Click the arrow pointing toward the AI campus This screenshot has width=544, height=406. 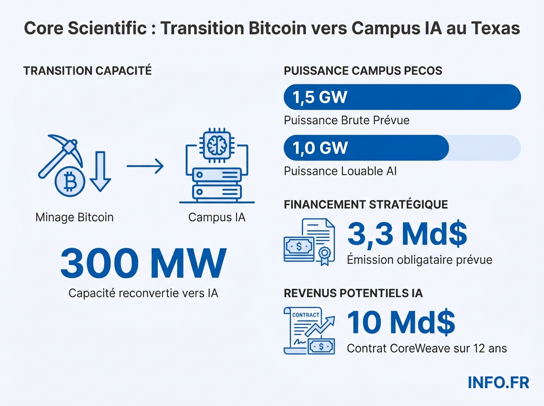click(145, 166)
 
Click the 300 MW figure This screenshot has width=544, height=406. click(143, 263)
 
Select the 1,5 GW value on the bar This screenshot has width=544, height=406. click(320, 97)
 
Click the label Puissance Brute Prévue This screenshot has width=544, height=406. click(346, 121)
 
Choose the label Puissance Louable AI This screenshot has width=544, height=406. click(340, 171)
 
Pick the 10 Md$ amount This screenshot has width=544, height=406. click(401, 322)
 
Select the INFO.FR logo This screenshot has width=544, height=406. click(498, 382)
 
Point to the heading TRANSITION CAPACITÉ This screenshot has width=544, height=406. click(87, 71)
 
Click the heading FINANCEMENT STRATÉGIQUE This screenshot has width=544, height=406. click(365, 204)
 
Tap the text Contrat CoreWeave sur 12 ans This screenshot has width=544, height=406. click(427, 348)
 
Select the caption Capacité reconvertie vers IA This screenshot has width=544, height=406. click(143, 293)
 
